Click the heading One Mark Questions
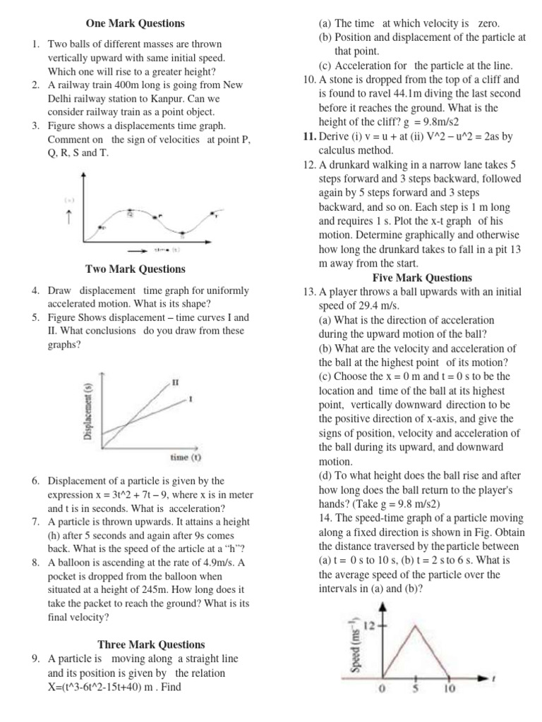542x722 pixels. pyautogui.click(x=135, y=24)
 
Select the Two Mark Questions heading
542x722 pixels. pyautogui.click(x=135, y=269)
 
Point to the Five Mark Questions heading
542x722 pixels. pyautogui.click(x=422, y=277)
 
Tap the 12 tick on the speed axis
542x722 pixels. pyautogui.click(x=372, y=624)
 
